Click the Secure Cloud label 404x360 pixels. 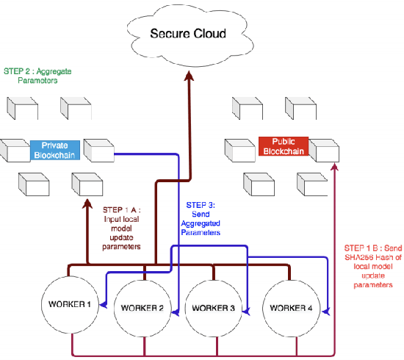(188, 34)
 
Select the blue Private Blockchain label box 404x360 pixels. (55, 150)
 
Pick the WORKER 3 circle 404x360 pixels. (214, 306)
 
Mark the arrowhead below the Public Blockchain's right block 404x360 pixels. (334, 167)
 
